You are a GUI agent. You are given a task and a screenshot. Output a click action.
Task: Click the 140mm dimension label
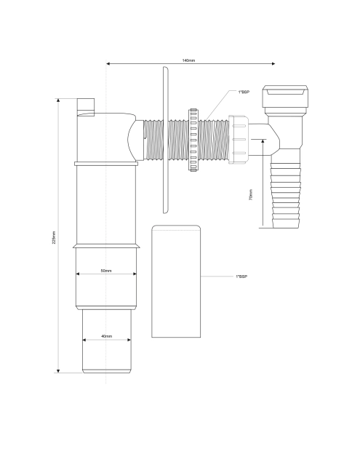[188, 60]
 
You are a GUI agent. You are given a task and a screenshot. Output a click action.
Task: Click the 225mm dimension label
[54, 237]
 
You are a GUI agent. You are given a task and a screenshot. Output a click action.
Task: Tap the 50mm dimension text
[106, 271]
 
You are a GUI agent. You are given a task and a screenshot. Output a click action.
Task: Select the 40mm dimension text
[106, 336]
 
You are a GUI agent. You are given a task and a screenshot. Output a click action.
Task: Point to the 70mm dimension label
[251, 194]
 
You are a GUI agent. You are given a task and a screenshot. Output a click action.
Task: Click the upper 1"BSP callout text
[244, 92]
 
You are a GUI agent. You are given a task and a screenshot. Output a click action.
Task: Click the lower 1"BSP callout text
[241, 277]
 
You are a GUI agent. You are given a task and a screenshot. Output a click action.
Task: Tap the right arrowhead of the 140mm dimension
[273, 63]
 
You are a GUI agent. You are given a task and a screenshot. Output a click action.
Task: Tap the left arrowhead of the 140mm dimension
[108, 63]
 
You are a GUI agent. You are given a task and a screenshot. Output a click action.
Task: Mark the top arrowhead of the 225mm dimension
[58, 100]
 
